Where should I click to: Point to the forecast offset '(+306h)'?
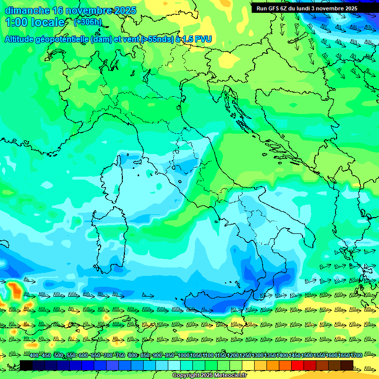click(87, 22)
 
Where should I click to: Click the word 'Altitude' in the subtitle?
click(23, 39)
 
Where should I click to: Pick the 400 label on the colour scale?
click(34, 356)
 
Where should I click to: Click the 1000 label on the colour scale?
click(183, 356)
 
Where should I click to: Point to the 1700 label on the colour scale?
click(356, 356)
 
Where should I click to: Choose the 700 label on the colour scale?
click(108, 356)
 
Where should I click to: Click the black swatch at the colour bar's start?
click(26, 365)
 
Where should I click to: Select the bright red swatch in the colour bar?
click(298, 365)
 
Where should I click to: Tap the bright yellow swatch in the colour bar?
click(248, 365)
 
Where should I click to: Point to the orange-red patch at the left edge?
click(15, 290)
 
